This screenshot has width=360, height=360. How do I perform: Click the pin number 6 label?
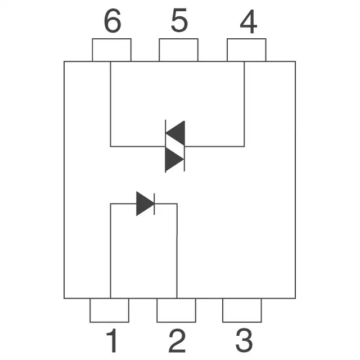(112, 22)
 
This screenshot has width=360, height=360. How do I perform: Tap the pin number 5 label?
(179, 22)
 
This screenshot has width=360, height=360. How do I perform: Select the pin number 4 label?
(247, 22)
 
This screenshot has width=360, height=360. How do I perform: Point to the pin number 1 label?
(112, 341)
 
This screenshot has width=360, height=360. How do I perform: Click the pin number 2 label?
(177, 341)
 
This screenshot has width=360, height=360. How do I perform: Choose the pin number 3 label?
(244, 341)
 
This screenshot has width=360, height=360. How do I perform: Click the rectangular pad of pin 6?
(111, 49)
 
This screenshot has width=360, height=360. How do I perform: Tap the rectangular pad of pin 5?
(178, 49)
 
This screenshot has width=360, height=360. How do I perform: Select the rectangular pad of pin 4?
(246, 49)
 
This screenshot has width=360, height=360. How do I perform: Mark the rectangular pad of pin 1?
(109, 310)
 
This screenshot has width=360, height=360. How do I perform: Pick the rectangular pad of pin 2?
(176, 310)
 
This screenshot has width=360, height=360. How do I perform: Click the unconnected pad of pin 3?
(242, 310)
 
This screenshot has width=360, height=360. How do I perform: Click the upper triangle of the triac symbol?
(176, 133)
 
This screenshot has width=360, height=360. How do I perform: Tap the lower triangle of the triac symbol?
(174, 160)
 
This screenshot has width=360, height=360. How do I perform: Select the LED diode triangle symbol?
(145, 204)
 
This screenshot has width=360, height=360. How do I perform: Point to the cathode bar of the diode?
(154, 204)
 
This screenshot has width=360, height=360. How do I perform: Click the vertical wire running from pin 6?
(110, 104)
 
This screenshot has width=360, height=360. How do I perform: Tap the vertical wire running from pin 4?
(244, 104)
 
